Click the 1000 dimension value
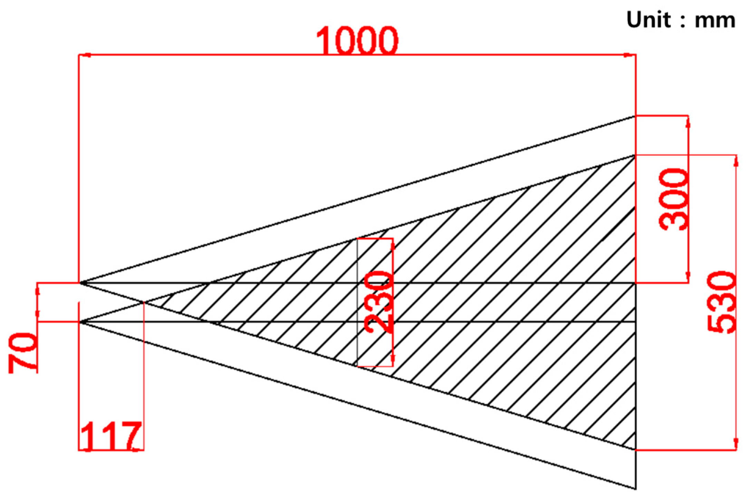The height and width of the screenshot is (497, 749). coord(357,40)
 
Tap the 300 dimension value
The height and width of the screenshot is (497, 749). coord(673,199)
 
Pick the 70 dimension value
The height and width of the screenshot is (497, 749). coord(23,353)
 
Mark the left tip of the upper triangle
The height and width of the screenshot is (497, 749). coord(80,283)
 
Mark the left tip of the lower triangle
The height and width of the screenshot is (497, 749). coord(80,322)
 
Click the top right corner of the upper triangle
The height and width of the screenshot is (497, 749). coord(635,116)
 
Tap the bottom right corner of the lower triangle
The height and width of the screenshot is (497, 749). coord(635,489)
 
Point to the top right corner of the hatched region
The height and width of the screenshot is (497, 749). coord(635,156)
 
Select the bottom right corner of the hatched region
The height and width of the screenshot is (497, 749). coord(635,450)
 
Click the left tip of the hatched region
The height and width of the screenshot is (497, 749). coord(144,302)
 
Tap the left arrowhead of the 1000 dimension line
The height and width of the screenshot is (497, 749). coord(85,55)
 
